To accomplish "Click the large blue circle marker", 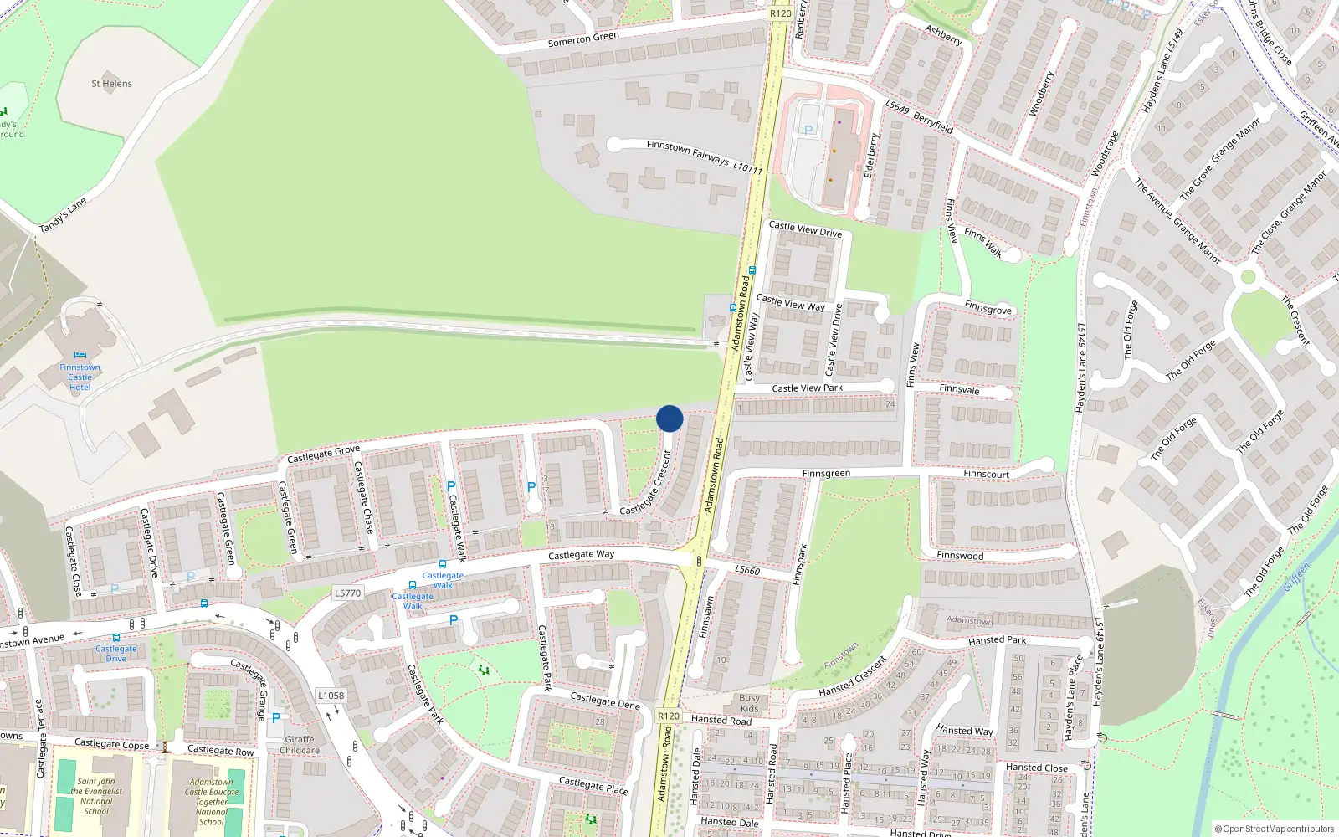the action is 669,418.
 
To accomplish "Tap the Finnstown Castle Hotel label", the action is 80,377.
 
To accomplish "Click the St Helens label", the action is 111,84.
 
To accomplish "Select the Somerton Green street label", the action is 583,39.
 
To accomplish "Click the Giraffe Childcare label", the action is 300,745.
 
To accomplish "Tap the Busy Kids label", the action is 749,703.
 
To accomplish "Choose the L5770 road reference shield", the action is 347,593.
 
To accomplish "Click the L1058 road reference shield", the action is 331,696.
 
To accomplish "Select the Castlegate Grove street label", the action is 323,454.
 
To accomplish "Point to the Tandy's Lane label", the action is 63,215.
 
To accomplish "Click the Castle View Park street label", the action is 807,388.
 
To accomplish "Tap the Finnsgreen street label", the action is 826,474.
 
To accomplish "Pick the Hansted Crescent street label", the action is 853,676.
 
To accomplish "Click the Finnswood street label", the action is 960,556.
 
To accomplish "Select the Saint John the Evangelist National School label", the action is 96,796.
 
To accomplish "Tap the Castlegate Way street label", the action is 581,555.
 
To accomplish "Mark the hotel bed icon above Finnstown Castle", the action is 80,356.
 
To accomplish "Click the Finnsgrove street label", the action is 988,308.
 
